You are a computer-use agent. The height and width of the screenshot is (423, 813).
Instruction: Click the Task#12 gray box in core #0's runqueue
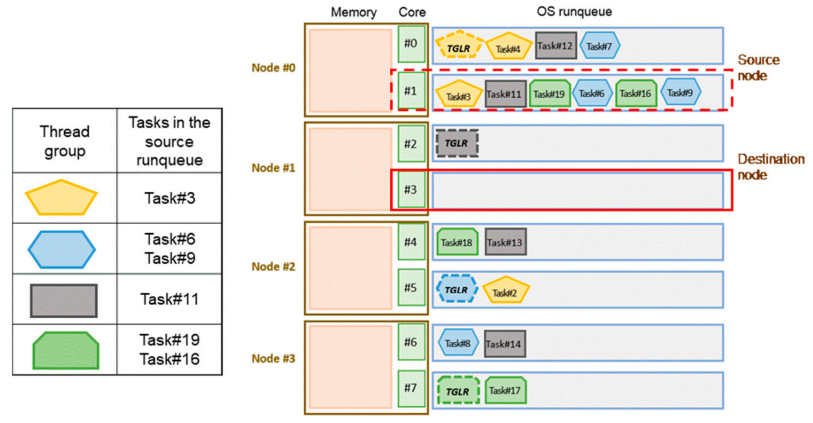[555, 45]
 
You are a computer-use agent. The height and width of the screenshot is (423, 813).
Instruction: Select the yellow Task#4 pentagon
[508, 47]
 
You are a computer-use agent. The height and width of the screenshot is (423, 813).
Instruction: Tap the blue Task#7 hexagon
[600, 45]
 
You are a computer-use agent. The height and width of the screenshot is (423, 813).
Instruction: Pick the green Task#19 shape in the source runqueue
[550, 93]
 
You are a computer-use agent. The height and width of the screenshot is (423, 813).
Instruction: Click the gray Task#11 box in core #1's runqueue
[505, 94]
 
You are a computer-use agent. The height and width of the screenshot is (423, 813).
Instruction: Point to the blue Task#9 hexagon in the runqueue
[680, 93]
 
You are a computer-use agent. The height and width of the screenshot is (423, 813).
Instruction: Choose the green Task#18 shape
[457, 242]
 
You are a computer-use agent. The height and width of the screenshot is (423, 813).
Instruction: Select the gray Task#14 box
[505, 343]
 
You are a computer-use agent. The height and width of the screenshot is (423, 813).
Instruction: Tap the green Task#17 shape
[505, 391]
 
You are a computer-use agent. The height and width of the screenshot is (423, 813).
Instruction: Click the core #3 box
[411, 190]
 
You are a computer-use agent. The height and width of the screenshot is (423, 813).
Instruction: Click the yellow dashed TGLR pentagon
[460, 47]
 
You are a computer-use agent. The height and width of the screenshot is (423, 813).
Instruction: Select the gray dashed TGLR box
[457, 143]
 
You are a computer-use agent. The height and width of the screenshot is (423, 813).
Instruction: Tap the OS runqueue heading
[574, 12]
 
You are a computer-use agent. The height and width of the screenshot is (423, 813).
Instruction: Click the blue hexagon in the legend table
[61, 249]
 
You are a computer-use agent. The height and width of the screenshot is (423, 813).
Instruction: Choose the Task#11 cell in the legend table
[169, 299]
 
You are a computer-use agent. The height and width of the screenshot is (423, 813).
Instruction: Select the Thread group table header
[65, 140]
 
